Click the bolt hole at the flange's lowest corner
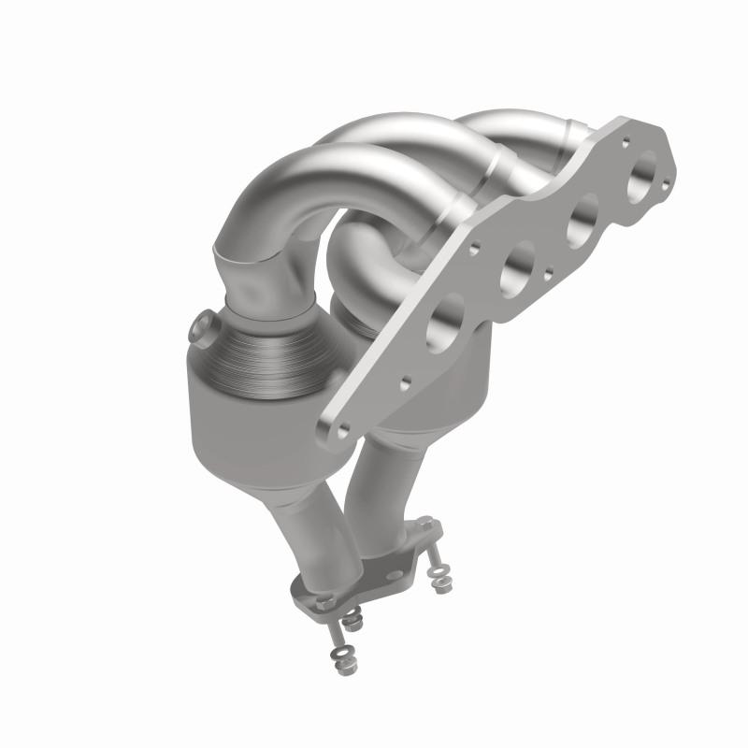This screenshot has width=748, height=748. (343, 427)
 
